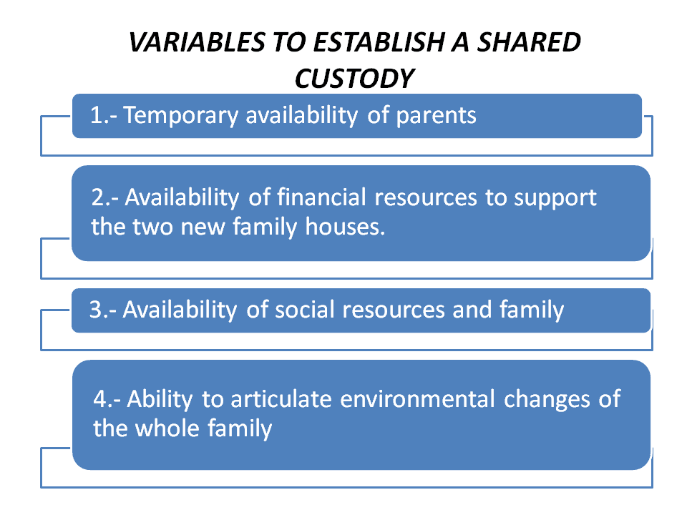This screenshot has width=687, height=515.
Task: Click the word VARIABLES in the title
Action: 198,42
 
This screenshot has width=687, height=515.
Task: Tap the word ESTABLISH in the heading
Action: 379,42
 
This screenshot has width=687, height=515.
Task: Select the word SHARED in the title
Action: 529,42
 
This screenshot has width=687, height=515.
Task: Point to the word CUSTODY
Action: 354,79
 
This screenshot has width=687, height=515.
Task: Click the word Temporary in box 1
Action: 181,117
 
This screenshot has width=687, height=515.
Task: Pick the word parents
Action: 436,117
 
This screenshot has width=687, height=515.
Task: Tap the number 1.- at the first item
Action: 103,116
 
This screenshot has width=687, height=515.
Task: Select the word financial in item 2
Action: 321,197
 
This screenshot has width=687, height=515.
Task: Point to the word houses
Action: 345,227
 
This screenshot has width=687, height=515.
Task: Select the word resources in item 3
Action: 393,310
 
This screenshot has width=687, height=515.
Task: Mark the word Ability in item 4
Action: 160,400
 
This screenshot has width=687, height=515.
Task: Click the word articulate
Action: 281,399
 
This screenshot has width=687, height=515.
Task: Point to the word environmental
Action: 417,399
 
